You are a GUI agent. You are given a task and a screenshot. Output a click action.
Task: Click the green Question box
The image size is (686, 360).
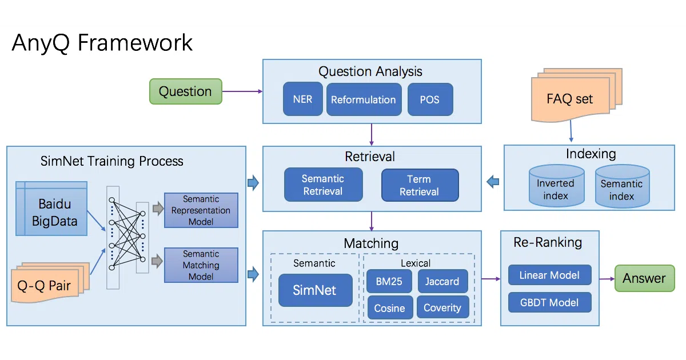[x=186, y=91]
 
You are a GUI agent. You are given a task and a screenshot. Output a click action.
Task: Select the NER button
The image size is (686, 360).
[x=302, y=99]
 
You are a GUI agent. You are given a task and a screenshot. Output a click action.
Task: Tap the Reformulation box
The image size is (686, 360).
[x=364, y=99]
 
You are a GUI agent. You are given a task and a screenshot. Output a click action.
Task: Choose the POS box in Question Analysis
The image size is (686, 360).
[x=430, y=99]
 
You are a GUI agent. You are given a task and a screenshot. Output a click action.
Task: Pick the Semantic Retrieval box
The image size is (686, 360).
[x=323, y=185]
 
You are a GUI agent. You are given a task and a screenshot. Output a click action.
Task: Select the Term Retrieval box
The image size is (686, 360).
[x=420, y=185]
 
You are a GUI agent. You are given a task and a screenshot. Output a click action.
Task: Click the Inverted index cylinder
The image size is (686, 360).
[x=556, y=186]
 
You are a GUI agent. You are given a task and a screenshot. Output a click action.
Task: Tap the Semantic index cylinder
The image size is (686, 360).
[x=622, y=186]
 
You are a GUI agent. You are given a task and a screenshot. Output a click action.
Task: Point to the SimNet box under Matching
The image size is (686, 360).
[x=315, y=290]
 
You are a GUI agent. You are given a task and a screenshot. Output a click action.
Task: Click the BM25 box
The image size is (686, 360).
[x=389, y=281]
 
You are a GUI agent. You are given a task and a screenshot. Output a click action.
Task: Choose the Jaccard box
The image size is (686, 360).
[x=442, y=281]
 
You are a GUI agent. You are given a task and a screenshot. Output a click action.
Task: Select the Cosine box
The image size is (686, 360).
[x=389, y=307]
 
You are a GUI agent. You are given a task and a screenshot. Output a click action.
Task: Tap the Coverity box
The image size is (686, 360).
[x=442, y=307]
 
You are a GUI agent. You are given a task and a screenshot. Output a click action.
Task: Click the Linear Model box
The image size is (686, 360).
[x=549, y=275]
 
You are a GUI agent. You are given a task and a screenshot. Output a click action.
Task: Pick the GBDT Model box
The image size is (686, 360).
[x=549, y=302]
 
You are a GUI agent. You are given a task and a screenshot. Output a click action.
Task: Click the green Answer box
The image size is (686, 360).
[x=644, y=278]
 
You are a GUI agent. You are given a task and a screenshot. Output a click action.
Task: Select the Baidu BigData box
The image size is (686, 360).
[x=51, y=209]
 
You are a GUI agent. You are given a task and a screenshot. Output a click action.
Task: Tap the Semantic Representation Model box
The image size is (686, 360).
[x=201, y=210]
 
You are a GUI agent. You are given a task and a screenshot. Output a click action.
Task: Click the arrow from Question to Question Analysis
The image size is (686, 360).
[x=242, y=91]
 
